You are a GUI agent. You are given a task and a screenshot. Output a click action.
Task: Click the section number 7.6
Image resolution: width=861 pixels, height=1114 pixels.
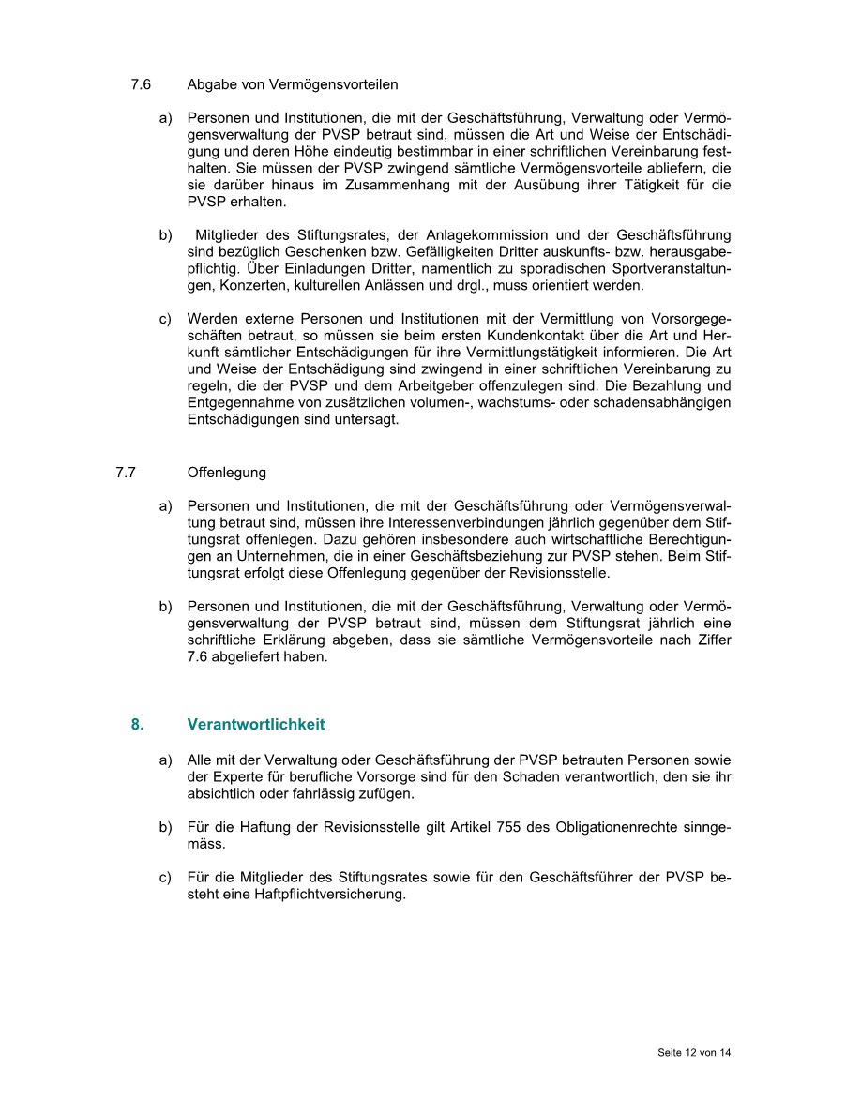(x=141, y=84)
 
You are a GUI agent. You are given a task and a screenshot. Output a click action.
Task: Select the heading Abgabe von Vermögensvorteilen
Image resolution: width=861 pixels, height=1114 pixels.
(x=292, y=84)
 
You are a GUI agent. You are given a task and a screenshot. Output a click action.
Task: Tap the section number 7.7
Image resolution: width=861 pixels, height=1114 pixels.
(x=127, y=473)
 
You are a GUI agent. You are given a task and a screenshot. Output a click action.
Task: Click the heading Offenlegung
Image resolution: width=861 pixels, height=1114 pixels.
(x=226, y=473)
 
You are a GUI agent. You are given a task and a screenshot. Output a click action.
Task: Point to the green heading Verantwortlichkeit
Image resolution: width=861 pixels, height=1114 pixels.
(x=256, y=725)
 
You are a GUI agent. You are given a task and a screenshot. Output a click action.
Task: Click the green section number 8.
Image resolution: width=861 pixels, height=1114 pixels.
(x=137, y=725)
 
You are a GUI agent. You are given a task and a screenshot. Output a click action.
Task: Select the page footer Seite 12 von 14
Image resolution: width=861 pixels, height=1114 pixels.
(x=694, y=1053)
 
